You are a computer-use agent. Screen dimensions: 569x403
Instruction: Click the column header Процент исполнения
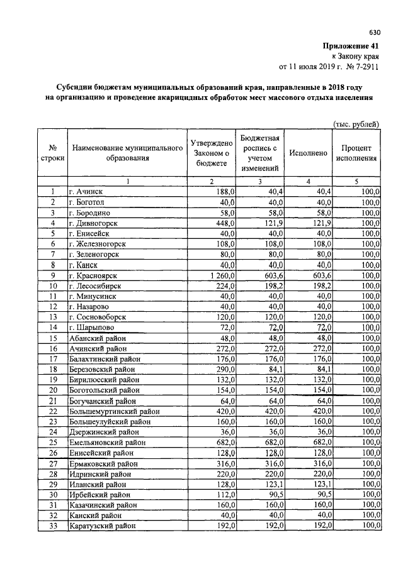coord(356,153)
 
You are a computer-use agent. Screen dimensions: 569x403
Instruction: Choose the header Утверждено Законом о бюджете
coord(212,153)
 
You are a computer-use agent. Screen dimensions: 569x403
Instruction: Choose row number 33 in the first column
coord(53,526)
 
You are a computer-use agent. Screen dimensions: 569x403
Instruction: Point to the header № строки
coord(53,153)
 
